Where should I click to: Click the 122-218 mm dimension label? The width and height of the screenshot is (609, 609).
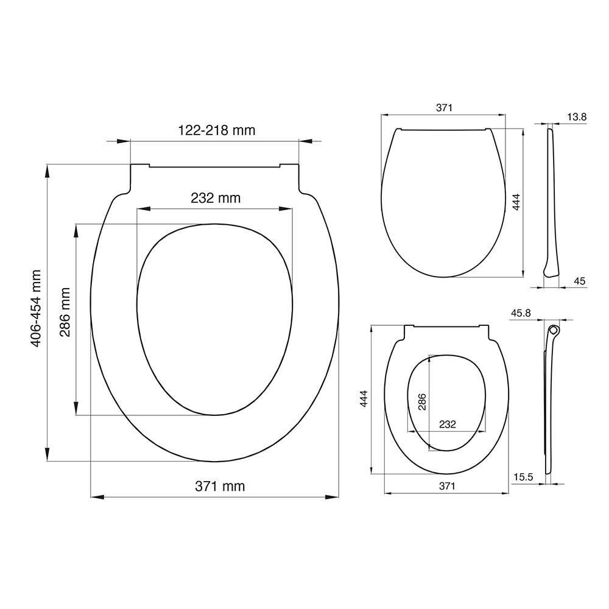(216, 130)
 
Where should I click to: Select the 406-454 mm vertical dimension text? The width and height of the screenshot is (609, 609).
(36, 308)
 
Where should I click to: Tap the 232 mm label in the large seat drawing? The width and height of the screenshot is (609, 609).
(216, 198)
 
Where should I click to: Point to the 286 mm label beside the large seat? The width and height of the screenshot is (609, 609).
(65, 312)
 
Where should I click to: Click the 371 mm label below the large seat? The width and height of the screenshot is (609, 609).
(220, 486)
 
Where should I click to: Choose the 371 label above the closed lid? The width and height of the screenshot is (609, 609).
(444, 108)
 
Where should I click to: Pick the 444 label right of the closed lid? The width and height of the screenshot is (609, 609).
(516, 202)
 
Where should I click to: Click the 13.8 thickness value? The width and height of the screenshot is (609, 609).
(577, 117)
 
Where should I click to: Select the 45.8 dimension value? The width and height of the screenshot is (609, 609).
(521, 313)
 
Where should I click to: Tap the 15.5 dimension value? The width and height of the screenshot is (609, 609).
(523, 477)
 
